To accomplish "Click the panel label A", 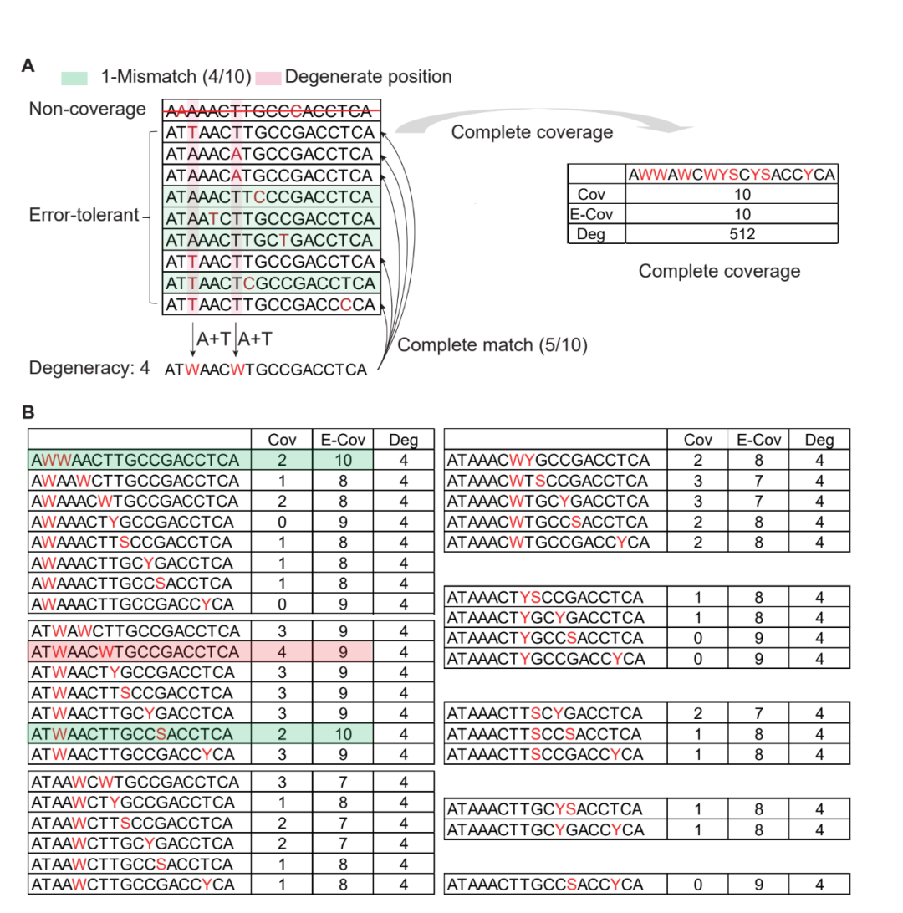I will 28,66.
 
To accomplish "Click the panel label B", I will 28,412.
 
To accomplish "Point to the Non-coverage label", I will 88,110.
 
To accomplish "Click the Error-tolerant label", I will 84,216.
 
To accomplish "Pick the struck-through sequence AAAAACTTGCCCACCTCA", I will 268,110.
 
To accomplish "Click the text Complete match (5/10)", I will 492,344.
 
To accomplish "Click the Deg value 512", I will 732,234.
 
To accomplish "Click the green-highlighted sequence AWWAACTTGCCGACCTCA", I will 134,460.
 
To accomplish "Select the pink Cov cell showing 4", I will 282,651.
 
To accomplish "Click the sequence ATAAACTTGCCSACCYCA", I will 546,885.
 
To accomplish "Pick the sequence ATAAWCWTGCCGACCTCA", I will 134,783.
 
